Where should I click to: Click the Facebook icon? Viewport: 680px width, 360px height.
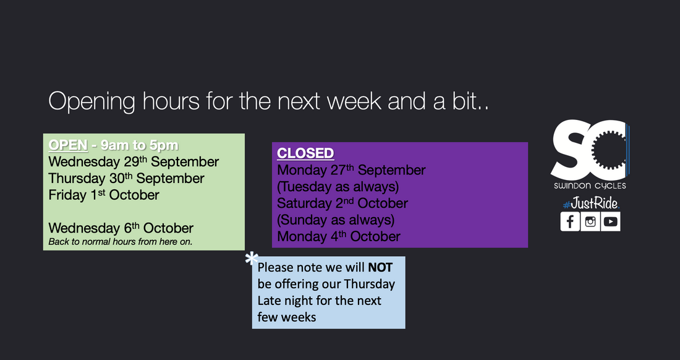coord(570,221)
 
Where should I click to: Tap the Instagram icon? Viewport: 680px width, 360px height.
coord(590,221)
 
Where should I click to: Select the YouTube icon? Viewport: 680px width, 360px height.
coord(611,221)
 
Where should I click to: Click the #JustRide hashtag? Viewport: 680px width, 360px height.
coord(590,203)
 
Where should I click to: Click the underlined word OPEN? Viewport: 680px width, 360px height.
coord(67,145)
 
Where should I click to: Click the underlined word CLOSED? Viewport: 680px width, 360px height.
coord(305,153)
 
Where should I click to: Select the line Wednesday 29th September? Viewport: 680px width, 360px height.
coord(134,162)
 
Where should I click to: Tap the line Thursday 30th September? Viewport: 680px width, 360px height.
coord(126,179)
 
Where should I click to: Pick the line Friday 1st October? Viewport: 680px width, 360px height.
coord(104,195)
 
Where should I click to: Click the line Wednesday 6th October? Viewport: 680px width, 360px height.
coord(121,228)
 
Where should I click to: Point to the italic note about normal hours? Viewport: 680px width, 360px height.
coord(121,242)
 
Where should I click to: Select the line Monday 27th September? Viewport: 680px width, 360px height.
coord(351,170)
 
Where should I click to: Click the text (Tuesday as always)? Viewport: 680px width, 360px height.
coord(338,186)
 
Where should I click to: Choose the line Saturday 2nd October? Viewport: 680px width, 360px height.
coord(342,203)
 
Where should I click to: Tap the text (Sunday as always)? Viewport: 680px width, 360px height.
coord(336,220)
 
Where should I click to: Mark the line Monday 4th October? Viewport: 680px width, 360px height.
coord(339,236)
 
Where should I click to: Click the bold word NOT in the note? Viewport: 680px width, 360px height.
coord(380,268)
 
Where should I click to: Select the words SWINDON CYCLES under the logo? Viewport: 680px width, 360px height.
coord(590,186)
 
